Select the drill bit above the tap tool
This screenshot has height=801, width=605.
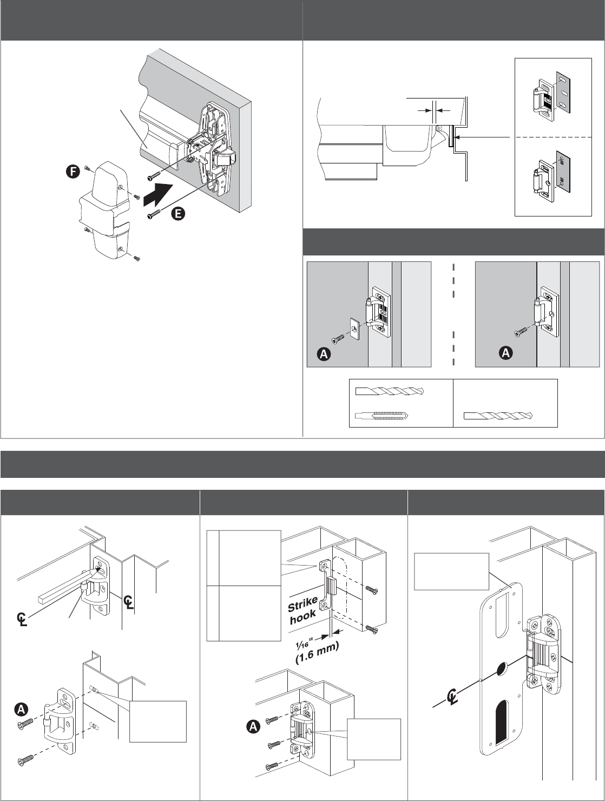coord(390,391)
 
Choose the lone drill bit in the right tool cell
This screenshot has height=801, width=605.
coord(498,416)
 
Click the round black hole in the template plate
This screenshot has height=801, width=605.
coord(503,671)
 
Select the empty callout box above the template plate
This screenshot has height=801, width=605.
coord(451,571)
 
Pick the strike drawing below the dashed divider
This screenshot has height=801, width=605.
coord(552,174)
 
